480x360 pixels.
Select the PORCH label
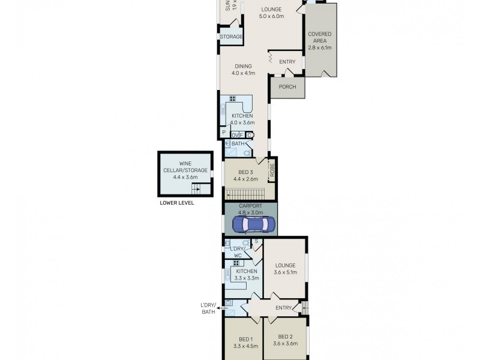(287, 86)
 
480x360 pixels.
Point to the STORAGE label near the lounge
(231, 37)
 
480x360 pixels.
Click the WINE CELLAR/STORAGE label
(185, 167)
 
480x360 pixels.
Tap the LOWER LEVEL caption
(177, 203)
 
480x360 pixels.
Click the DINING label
(243, 67)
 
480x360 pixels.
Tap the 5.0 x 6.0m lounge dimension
(271, 16)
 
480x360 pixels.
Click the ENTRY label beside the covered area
(287, 62)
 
